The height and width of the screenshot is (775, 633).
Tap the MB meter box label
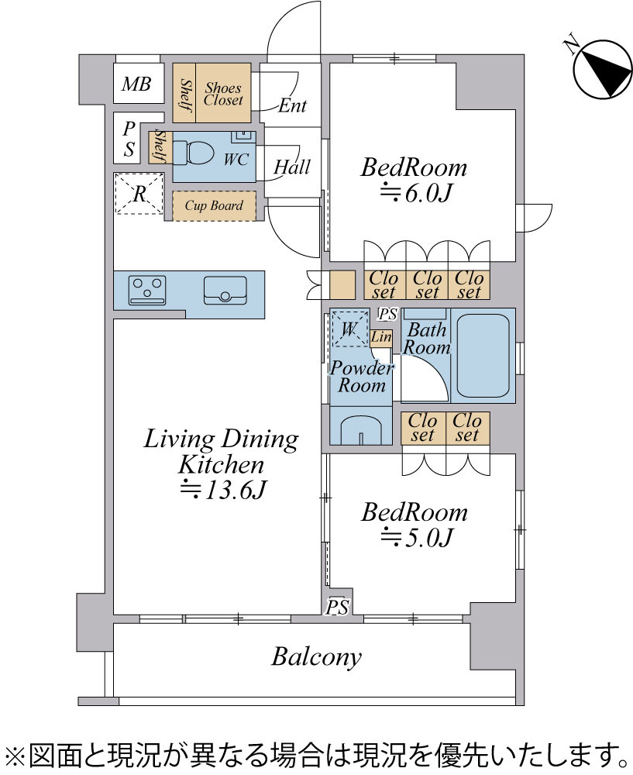click(x=136, y=84)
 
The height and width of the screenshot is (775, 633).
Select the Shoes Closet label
click(x=223, y=94)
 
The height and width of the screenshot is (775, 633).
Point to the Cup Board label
click(x=214, y=205)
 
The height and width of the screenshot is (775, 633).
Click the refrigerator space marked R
click(x=139, y=193)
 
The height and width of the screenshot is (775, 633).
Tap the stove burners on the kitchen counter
click(x=147, y=290)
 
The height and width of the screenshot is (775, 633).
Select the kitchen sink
click(x=225, y=290)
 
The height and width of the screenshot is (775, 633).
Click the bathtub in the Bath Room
click(x=483, y=356)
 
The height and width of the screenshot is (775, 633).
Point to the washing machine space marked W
click(x=349, y=329)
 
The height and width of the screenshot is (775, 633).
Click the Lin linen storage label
click(x=381, y=338)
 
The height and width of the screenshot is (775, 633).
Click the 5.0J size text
click(x=416, y=537)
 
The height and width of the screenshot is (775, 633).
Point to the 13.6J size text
click(x=222, y=490)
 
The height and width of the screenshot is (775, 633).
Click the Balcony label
click(x=316, y=657)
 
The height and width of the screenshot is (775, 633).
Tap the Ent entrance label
click(x=293, y=105)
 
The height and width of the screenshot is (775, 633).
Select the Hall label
click(x=292, y=167)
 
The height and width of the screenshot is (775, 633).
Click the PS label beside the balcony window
click(x=337, y=607)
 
